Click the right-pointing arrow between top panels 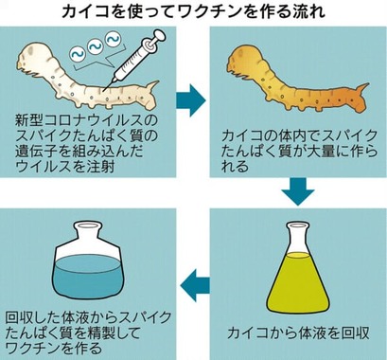[192, 95]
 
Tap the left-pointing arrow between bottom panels [192, 279]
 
